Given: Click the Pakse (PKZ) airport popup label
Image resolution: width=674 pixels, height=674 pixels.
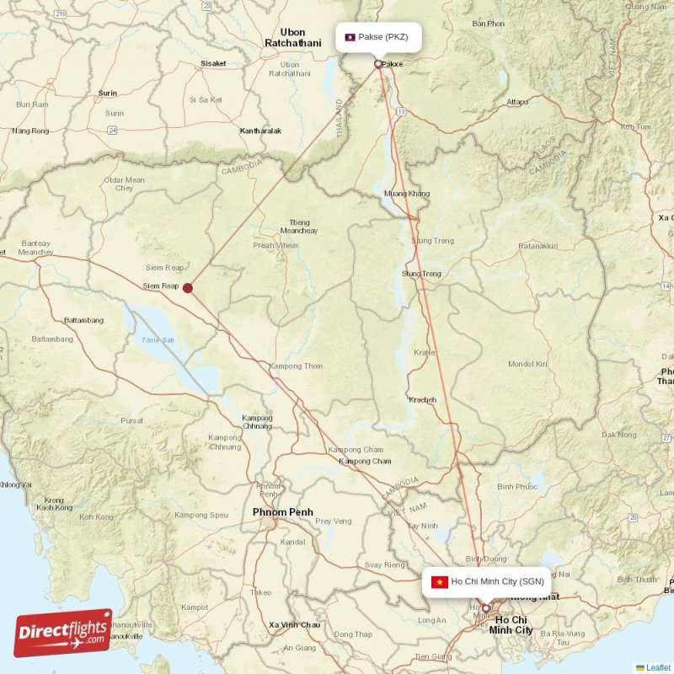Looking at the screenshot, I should tap(378, 37).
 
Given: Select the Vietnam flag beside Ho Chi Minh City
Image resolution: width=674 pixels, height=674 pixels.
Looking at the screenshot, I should tap(438, 582).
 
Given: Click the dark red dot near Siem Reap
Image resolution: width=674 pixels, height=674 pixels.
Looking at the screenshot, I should tap(188, 288).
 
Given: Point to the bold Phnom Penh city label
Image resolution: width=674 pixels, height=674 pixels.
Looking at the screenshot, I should tap(282, 512).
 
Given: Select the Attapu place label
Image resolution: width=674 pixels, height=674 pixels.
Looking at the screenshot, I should tap(517, 102).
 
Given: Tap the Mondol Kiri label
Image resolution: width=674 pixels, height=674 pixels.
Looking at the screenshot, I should tap(527, 364).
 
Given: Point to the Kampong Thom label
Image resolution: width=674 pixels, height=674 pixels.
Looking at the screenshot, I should tap(296, 366).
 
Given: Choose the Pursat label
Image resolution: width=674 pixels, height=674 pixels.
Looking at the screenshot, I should tap(132, 420).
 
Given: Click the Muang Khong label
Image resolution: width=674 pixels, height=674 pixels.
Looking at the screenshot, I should tap(406, 194).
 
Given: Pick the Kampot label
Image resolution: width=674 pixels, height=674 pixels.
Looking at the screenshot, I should tap(195, 607).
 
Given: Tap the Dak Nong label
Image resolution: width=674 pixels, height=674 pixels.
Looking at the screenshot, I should tap(619, 435).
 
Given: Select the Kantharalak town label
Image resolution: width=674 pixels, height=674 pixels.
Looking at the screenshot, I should tap(260, 131).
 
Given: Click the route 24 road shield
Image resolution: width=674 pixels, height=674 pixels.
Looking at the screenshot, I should tap(111, 130).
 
